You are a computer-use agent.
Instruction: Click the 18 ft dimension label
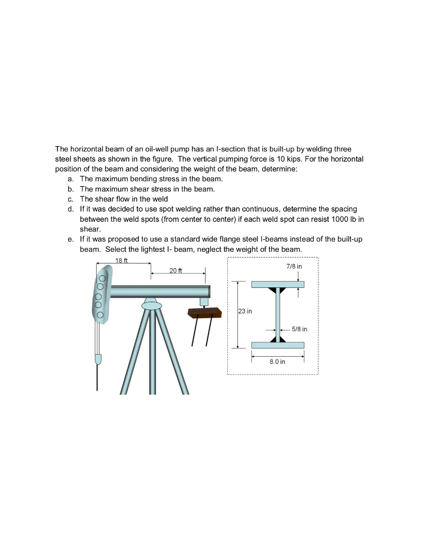tap(122, 260)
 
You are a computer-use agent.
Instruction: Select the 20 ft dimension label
tap(176, 270)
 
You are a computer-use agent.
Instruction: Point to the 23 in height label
tap(245, 311)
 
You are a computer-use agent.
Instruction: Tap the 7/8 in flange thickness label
tap(294, 266)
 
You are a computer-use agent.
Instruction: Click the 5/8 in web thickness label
tap(299, 329)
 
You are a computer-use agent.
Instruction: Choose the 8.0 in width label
tap(277, 362)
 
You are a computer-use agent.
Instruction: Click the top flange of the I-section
tap(277, 284)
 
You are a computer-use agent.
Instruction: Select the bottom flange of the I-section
tap(277, 345)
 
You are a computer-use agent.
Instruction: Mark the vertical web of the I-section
tap(277, 315)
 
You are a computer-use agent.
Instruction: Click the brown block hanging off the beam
tap(204, 312)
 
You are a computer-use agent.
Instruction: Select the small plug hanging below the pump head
tap(97, 359)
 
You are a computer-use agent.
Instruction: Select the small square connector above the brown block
tap(204, 302)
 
